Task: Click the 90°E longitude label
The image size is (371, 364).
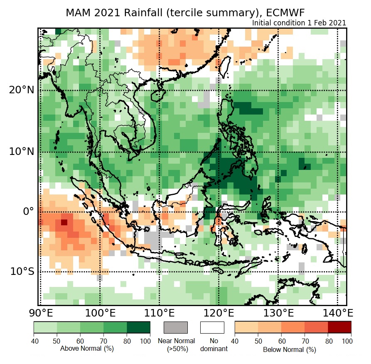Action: coord(41,313)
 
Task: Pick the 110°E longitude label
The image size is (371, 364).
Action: coord(160,313)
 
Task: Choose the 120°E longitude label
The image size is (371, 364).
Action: coord(219,313)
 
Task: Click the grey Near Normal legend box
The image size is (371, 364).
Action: coord(176,327)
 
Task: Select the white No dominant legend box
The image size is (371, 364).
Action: coord(212,327)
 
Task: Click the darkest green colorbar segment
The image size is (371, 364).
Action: coord(138,327)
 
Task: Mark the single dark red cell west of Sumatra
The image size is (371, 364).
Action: coord(64,222)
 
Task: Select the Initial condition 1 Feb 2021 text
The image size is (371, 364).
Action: coord(299,23)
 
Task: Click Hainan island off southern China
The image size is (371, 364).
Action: coord(157,95)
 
